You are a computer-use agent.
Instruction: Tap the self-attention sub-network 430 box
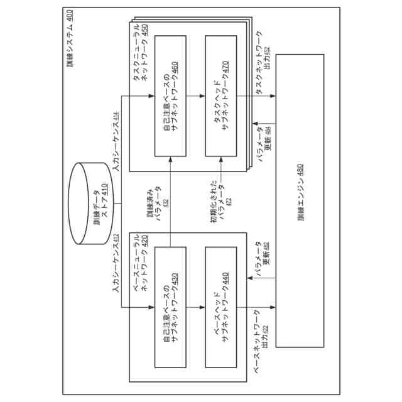coord(170,307)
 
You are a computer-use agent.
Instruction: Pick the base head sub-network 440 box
coord(221,307)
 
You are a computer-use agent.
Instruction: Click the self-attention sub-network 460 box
coord(170,95)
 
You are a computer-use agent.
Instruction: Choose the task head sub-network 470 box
coord(221,95)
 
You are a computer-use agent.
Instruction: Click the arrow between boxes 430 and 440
coord(195,307)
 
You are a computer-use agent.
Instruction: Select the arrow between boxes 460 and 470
coord(195,95)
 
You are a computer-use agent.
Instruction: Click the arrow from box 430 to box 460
coord(170,201)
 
